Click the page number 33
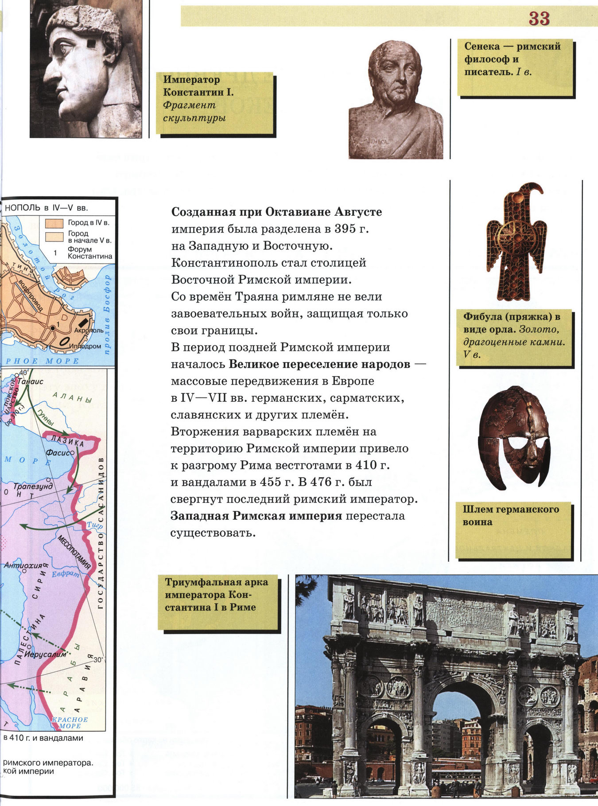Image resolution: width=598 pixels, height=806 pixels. [539, 19]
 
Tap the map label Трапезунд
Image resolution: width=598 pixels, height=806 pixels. [32, 486]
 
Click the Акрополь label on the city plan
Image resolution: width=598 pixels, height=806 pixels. [89, 331]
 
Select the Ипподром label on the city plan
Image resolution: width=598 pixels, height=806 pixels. [87, 346]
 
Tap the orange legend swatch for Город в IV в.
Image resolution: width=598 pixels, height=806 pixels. [54, 222]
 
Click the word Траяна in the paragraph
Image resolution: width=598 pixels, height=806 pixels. [256, 296]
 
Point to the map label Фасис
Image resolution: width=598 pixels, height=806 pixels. [58, 453]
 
